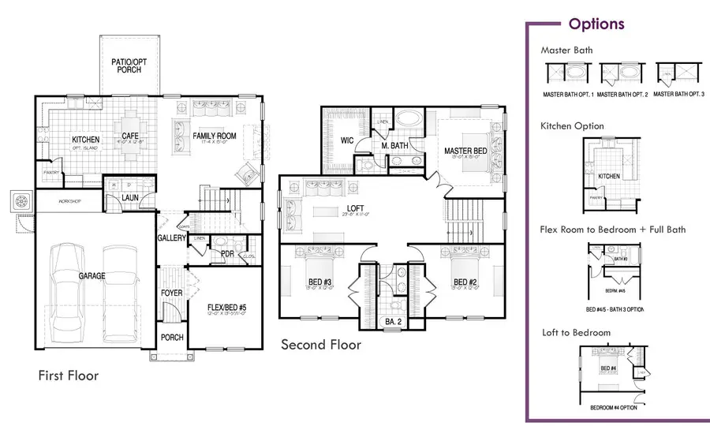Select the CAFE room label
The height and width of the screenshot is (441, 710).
(x=130, y=136)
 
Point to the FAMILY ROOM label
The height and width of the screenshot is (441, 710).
(x=215, y=136)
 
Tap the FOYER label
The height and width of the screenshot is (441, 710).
(x=172, y=293)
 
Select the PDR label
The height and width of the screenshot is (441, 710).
(x=227, y=254)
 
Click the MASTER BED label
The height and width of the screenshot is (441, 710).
(x=464, y=151)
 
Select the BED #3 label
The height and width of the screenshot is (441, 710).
(x=319, y=282)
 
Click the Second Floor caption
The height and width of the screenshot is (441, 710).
(x=321, y=345)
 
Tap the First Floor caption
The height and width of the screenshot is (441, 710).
(x=69, y=376)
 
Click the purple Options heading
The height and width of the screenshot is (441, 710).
(x=596, y=24)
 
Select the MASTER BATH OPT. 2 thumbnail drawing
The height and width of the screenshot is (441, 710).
(x=622, y=76)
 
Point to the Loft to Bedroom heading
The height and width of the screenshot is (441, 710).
(x=576, y=332)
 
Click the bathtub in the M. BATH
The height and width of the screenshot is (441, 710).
(x=408, y=121)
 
